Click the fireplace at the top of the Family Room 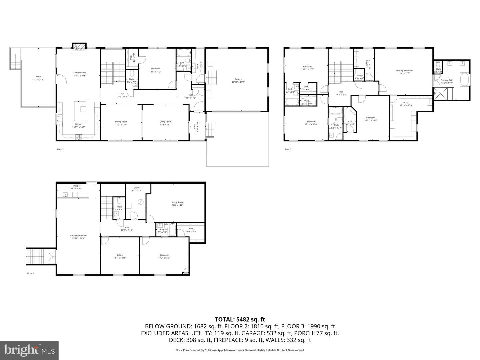pos(79,47)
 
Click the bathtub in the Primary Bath pos(464,79)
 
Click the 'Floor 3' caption pos(288,149)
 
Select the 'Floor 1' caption pos(31,273)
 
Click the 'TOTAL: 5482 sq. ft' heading pos(240,320)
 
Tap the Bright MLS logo pos(29,350)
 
